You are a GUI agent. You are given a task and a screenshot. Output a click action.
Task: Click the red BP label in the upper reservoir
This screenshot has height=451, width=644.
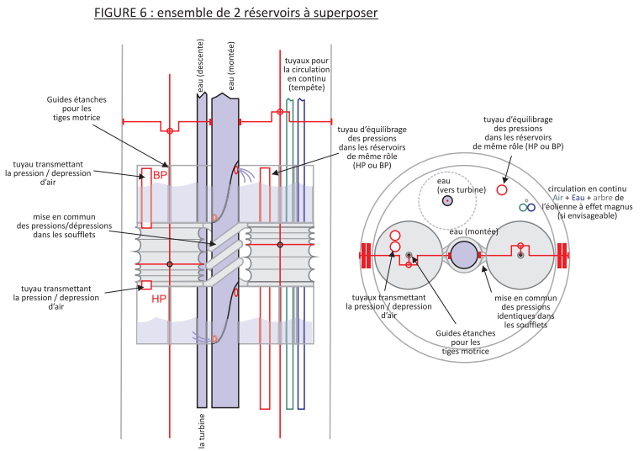tap(161, 175)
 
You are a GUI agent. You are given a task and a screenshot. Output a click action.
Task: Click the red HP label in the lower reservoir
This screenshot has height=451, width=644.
tap(160, 299)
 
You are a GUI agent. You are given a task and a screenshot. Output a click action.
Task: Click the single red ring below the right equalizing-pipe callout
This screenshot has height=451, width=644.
tap(502, 190)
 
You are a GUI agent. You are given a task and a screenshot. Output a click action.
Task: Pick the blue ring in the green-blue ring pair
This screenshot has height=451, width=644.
tap(531, 207)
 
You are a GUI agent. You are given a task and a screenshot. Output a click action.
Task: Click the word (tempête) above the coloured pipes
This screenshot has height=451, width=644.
tap(302, 87)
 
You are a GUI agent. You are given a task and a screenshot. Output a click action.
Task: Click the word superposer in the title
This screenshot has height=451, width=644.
tap(346, 14)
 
